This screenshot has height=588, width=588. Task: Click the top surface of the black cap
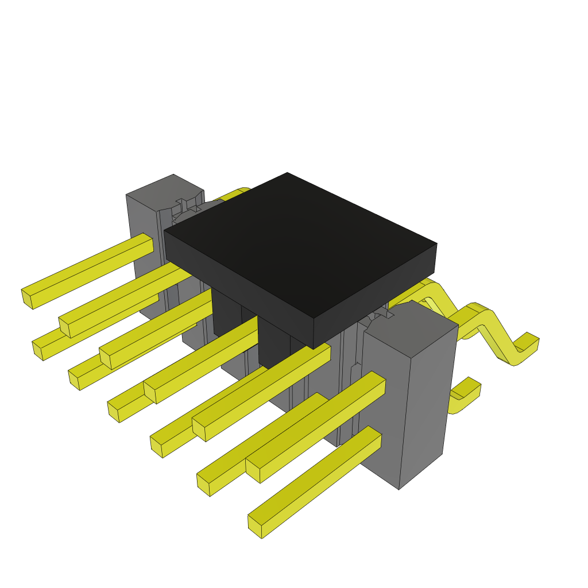point(299,241)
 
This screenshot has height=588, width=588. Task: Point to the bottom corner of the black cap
point(314,348)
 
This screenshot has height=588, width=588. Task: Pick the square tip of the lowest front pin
point(256,526)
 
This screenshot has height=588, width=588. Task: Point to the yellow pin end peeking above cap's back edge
point(244,191)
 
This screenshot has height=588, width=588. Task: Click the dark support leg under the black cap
point(273,345)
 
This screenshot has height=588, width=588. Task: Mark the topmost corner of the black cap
point(287,173)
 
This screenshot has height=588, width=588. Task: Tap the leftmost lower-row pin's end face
point(38,350)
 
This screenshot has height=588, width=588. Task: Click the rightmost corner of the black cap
point(436,245)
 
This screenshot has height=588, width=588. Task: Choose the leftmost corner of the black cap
point(165,232)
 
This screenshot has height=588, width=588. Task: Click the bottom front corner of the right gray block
point(399,489)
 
